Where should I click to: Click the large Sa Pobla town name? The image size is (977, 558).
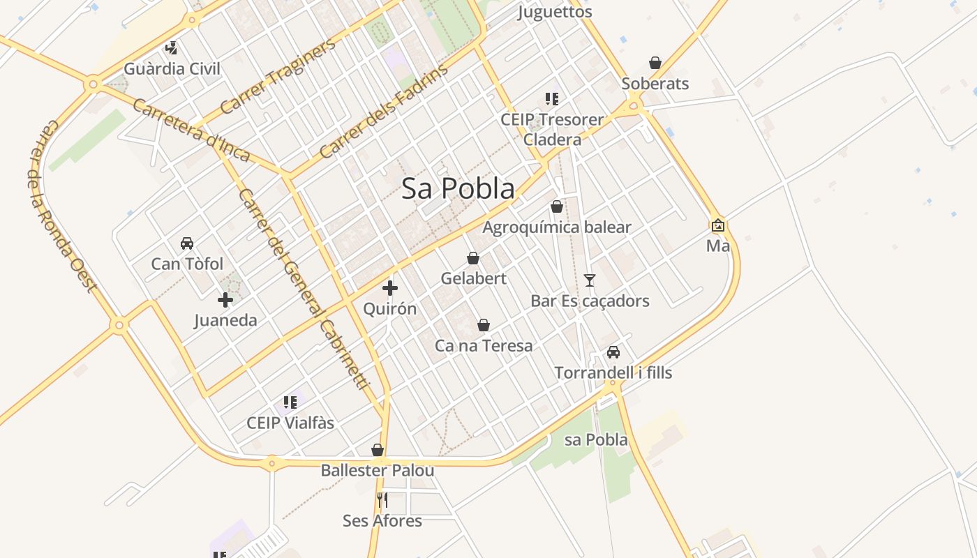tap(458, 188)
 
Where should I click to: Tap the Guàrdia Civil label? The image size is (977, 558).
tap(172, 69)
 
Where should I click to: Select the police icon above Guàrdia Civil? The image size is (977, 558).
tap(171, 48)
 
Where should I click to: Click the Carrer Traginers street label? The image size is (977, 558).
tap(278, 77)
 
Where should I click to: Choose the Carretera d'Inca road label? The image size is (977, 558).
tap(190, 130)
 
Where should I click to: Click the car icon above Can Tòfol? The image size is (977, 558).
tap(187, 243)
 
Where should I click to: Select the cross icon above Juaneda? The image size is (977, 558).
tap(225, 300)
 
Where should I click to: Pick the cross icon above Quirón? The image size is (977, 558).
tap(390, 287)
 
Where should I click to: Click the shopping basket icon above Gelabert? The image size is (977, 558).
tap(473, 258)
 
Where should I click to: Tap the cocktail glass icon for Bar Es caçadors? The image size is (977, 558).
tap(590, 280)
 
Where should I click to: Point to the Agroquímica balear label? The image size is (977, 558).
tap(556, 227)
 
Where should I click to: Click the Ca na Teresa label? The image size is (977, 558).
tap(484, 346)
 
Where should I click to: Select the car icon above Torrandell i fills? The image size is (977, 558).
tap(613, 352)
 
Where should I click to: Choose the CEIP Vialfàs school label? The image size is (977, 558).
tap(290, 423)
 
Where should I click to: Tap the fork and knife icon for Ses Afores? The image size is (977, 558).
tap(382, 500)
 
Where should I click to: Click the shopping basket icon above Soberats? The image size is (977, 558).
tap(655, 63)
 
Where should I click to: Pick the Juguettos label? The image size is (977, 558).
tap(555, 12)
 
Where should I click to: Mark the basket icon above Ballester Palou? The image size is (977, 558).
tap(378, 450)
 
